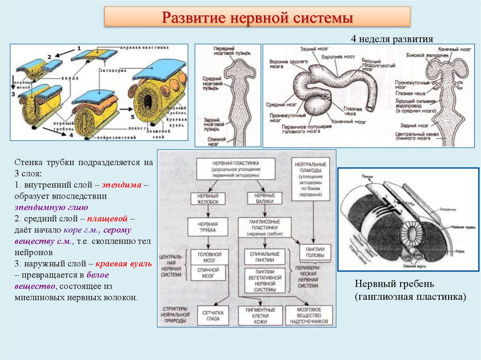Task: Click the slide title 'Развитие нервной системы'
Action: coord(257,18)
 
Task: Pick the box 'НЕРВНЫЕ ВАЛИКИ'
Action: coord(264,198)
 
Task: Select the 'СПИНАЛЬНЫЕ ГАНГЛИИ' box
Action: coord(264,257)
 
